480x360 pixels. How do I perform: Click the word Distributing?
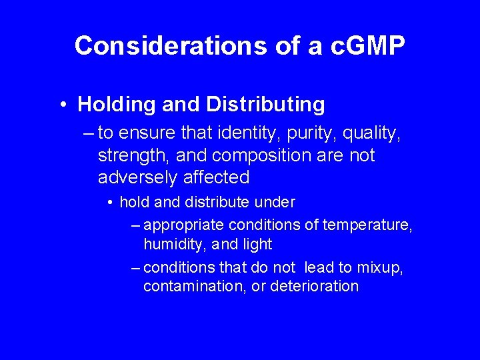pyautogui.click(x=265, y=105)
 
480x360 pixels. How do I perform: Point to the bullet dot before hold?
pyautogui.click(x=110, y=202)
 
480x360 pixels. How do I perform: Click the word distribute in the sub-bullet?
pyautogui.click(x=203, y=201)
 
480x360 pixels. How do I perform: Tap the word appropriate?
pyautogui.click(x=182, y=225)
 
